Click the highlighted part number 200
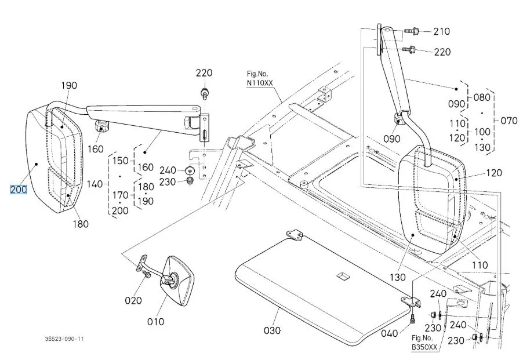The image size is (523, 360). click(19, 189)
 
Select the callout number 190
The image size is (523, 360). click(69, 86)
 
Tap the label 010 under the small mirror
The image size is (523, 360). click(155, 321)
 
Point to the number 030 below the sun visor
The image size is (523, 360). click(271, 330)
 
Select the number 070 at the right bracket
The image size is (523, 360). click(509, 121)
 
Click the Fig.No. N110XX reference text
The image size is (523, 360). click(259, 79)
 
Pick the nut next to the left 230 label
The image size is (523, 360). click(190, 181)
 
